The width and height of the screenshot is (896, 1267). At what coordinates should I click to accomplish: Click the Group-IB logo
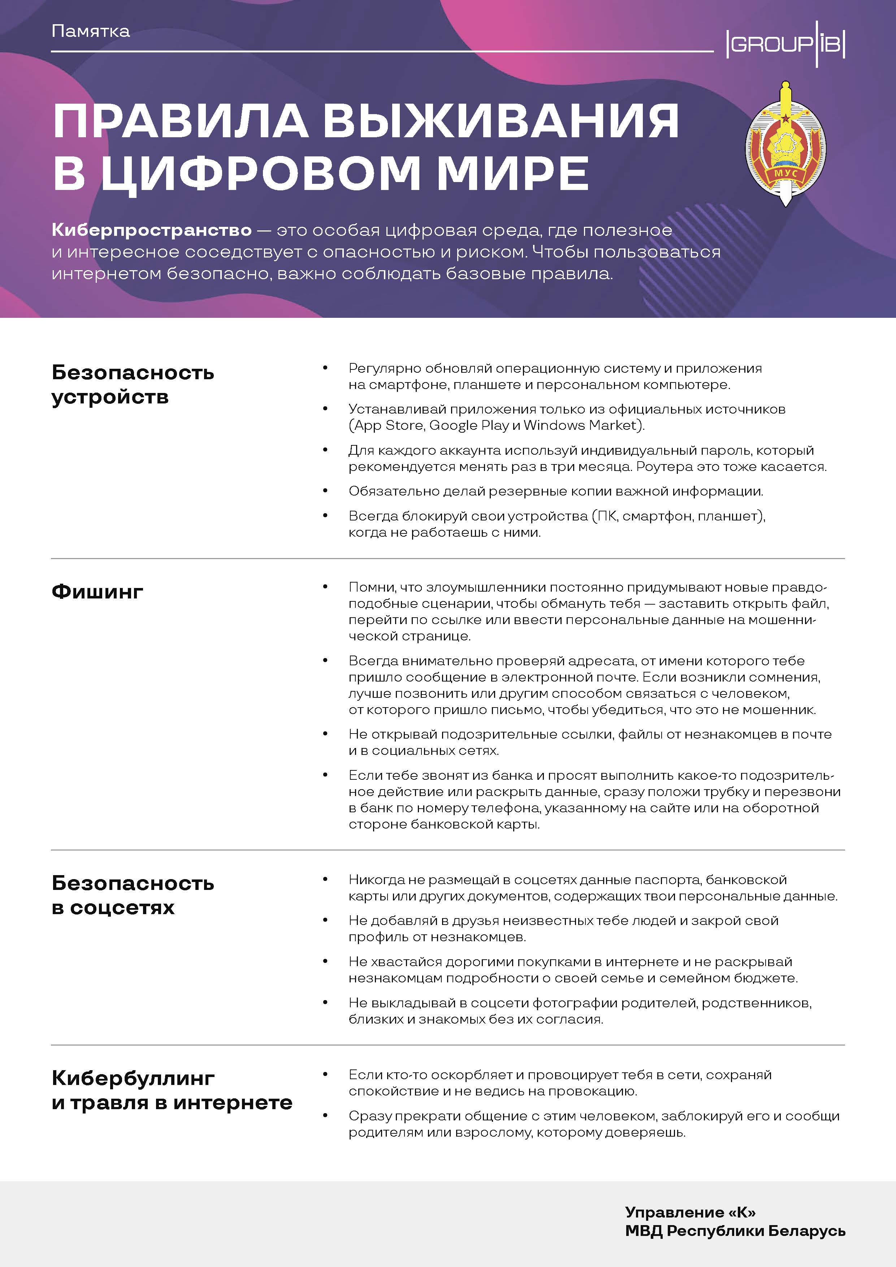[x=785, y=44]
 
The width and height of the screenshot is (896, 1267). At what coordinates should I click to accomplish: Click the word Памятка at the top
[x=91, y=31]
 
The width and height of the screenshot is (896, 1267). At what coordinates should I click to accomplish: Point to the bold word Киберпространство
[x=152, y=230]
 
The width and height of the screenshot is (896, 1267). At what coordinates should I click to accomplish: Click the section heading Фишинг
[x=98, y=592]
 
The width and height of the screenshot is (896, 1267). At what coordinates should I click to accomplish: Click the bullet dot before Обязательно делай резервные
[x=325, y=490]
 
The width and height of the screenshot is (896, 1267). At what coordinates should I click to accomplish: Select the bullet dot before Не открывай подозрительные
[x=325, y=734]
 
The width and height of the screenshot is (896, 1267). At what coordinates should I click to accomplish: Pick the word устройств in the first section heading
[x=111, y=397]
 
